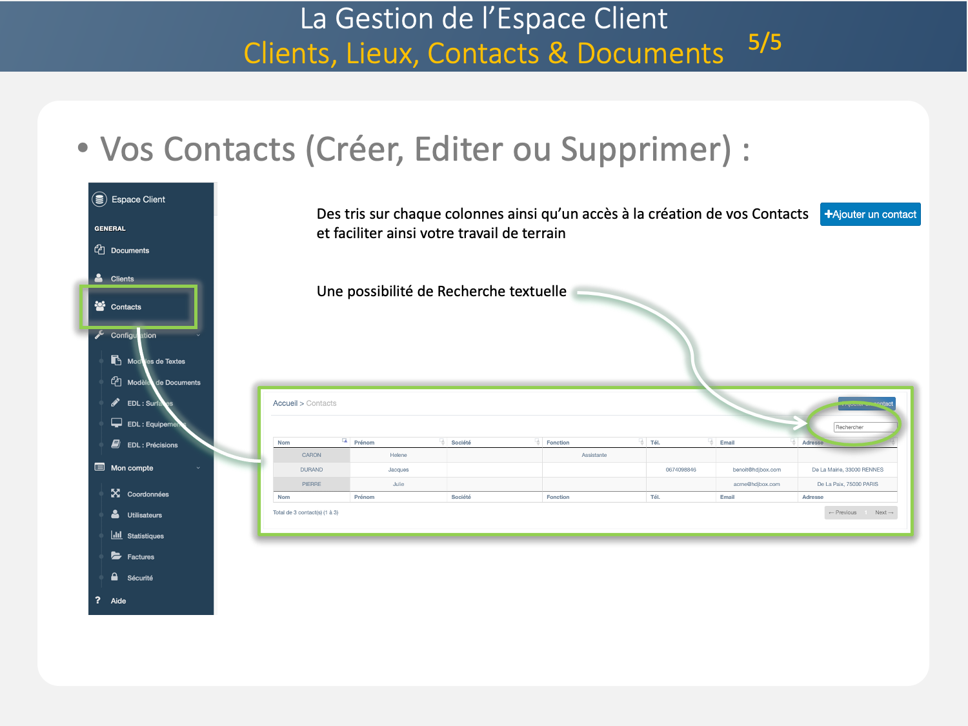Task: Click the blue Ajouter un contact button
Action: (870, 214)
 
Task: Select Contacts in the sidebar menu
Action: (126, 307)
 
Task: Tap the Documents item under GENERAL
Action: (130, 250)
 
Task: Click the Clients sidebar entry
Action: (122, 279)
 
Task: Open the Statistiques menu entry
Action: (145, 536)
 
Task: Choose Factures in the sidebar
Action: (141, 557)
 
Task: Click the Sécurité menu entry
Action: (140, 578)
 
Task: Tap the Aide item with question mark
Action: (118, 601)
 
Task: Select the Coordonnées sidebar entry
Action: (148, 494)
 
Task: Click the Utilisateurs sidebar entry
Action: (145, 515)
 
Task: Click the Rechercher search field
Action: (865, 427)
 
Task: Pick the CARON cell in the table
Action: (312, 455)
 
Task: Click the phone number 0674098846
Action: (681, 470)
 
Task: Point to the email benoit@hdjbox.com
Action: (756, 470)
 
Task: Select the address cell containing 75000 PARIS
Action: (847, 484)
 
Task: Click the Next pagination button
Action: (883, 512)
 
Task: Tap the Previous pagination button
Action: (843, 512)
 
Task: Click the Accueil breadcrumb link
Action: (285, 403)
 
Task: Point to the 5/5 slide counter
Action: (765, 43)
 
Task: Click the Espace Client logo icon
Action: (99, 199)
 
